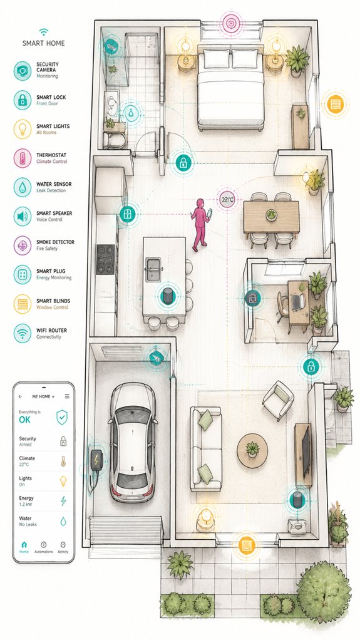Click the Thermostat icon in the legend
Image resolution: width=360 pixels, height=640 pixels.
tap(23, 158)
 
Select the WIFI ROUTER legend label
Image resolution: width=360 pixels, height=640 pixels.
tap(51, 330)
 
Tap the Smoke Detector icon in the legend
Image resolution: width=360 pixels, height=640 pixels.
tap(23, 245)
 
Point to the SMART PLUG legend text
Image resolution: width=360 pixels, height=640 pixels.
tap(51, 271)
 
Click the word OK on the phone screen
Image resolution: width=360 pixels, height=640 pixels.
tap(24, 420)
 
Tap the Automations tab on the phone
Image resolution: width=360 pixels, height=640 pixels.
tap(44, 547)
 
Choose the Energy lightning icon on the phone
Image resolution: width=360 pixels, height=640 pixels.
tap(63, 501)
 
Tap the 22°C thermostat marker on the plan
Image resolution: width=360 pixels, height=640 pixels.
tap(227, 200)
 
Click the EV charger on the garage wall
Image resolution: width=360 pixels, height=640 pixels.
tap(96, 460)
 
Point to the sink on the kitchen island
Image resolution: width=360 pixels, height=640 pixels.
tap(154, 269)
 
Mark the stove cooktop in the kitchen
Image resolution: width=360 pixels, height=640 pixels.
tap(106, 259)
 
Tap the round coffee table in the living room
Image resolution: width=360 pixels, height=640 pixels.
tap(252, 451)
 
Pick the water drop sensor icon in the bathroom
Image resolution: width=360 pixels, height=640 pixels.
tap(131, 113)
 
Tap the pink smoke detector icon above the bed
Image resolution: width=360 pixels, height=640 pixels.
tap(232, 23)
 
